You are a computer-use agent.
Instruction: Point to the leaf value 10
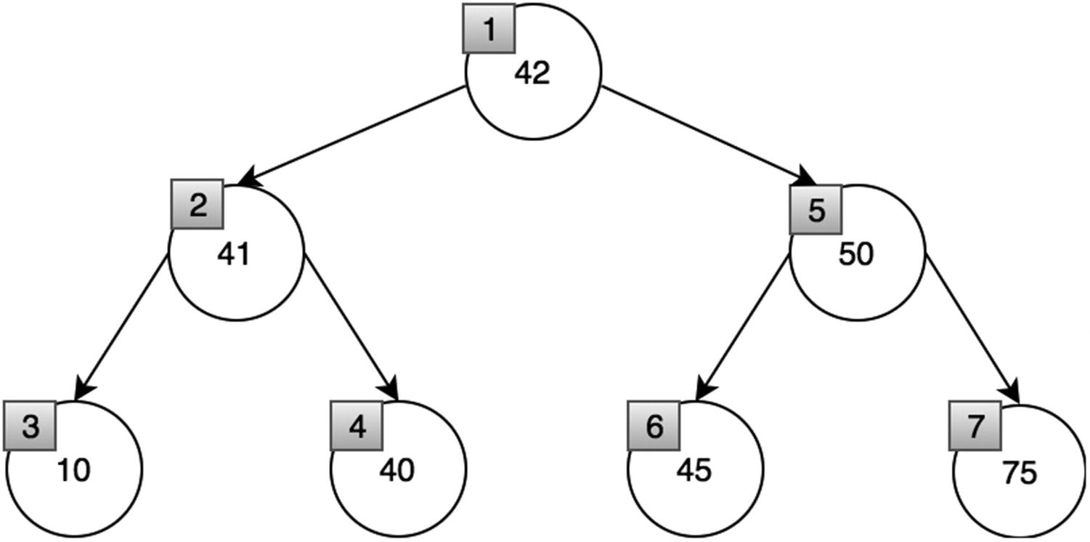(x=73, y=471)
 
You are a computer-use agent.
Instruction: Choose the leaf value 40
(x=396, y=471)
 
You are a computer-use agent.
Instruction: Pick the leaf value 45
(x=694, y=471)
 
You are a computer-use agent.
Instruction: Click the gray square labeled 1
(x=489, y=30)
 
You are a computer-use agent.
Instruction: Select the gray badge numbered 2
(x=197, y=206)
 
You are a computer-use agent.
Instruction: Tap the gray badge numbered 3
(x=30, y=426)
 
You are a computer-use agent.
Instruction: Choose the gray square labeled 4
(x=356, y=426)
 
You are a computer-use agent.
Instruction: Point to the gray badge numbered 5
(x=816, y=211)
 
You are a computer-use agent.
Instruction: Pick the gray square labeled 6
(x=654, y=426)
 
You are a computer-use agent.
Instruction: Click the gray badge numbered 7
(x=975, y=426)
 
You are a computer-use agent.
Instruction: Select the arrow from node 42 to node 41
(x=352, y=136)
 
